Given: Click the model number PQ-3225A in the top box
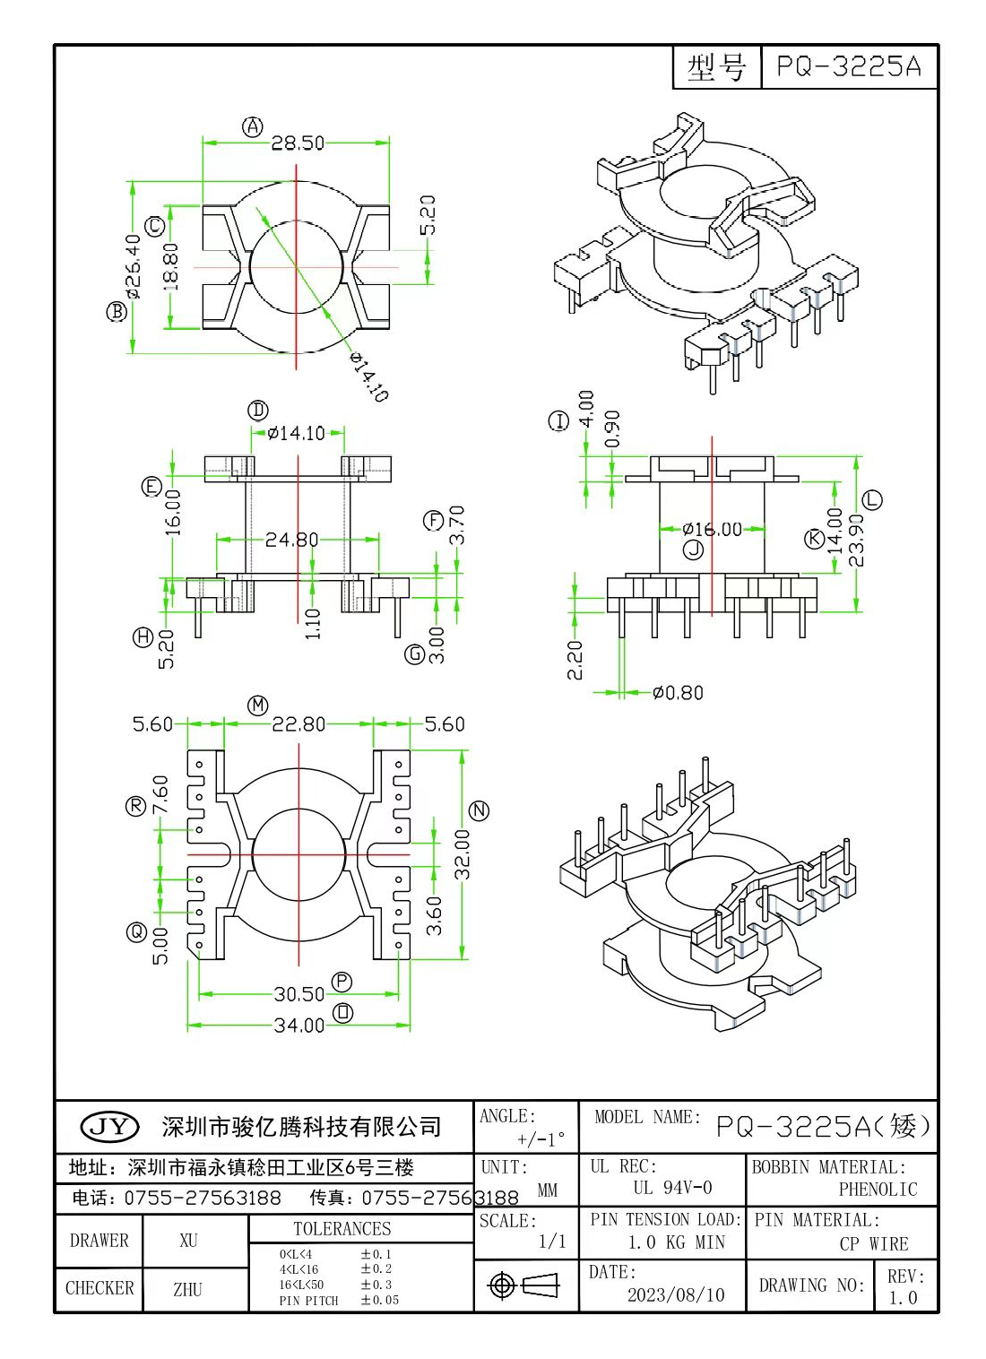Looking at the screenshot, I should click(848, 66).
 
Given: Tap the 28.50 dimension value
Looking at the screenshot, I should click(298, 143).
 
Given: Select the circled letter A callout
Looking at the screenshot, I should click(253, 126).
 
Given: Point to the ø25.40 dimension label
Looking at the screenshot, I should click(134, 266).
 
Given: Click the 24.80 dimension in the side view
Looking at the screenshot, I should click(291, 540).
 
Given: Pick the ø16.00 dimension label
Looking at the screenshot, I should click(713, 530).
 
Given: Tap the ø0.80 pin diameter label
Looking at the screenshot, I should click(678, 693).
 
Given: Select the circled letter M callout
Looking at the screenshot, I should click(258, 705).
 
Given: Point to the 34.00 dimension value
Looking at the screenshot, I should click(299, 1025).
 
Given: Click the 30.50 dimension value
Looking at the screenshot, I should click(299, 994).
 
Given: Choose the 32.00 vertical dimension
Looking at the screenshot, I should click(462, 853).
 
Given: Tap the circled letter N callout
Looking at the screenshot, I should click(480, 810).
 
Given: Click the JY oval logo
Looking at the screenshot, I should click(109, 1126).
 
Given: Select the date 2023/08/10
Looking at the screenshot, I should click(676, 1294).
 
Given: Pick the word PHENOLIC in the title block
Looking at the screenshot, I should click(878, 1190).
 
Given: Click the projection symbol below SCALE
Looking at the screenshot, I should click(525, 1285).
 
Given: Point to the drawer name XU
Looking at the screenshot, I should click(188, 1241).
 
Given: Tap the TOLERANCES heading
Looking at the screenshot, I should click(342, 1229).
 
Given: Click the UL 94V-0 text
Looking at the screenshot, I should click(672, 1188).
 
